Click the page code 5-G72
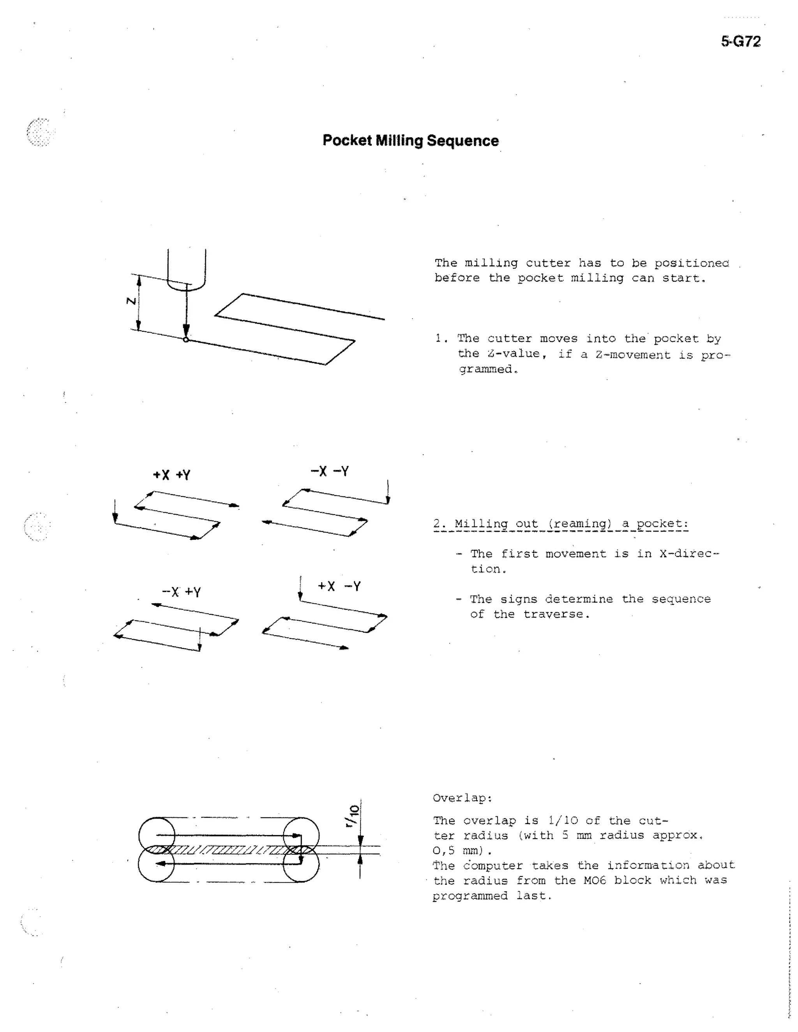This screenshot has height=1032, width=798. pos(740,42)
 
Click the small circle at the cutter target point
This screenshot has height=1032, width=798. pos(186,339)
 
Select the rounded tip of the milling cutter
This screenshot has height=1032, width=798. pos(186,285)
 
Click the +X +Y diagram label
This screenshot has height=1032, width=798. pos(171,475)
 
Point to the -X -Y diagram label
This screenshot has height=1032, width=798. pos(330,471)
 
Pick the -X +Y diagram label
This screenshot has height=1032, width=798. pos(182,592)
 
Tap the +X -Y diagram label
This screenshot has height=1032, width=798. pos(339,586)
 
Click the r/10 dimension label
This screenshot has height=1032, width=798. pos(352,816)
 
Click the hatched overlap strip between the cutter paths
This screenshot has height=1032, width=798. pos(227,850)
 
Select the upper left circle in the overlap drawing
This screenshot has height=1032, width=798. pos(157,835)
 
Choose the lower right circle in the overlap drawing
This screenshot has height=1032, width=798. pos(301,864)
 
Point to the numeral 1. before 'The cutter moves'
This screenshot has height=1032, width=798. pos(441,338)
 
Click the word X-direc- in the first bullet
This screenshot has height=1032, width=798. pos(689,554)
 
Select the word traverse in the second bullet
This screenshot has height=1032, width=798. pos(556,614)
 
